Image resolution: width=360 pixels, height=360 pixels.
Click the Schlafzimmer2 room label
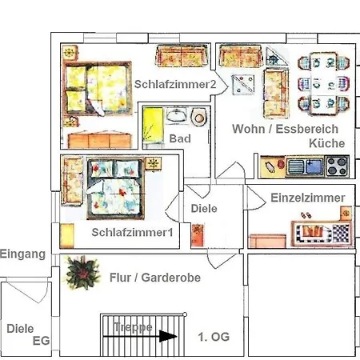coord(175,84)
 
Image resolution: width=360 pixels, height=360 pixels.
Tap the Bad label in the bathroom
coord(180,138)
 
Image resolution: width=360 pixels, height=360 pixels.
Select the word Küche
coord(327,143)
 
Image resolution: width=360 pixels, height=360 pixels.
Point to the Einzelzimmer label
coord(308,198)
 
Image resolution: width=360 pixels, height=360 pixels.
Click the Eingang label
coord(22,254)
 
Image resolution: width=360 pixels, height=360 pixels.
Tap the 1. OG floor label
coord(214,337)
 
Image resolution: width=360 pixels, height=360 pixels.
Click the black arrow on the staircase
coord(140,337)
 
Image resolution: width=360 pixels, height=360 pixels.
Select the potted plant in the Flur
coord(82,273)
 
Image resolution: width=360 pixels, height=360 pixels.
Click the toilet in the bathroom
coord(199,117)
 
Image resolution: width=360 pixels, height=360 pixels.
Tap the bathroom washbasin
coord(176,114)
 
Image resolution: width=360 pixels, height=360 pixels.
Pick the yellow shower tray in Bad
coord(153,125)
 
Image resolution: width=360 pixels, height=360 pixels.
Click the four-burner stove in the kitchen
coord(338,166)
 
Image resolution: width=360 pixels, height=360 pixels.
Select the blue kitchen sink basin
coord(314,166)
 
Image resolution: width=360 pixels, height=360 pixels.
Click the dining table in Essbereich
coord(324,84)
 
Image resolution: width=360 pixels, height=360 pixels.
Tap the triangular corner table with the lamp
coord(277,57)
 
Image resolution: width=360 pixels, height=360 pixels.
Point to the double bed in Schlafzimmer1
coord(115,189)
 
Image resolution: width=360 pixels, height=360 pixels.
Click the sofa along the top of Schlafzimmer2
coord(182,55)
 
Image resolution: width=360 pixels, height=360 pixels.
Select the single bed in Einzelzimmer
coord(322,232)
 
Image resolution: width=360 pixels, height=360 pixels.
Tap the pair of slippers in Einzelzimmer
coord(306,215)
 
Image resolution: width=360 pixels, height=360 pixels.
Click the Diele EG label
coord(28,334)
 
